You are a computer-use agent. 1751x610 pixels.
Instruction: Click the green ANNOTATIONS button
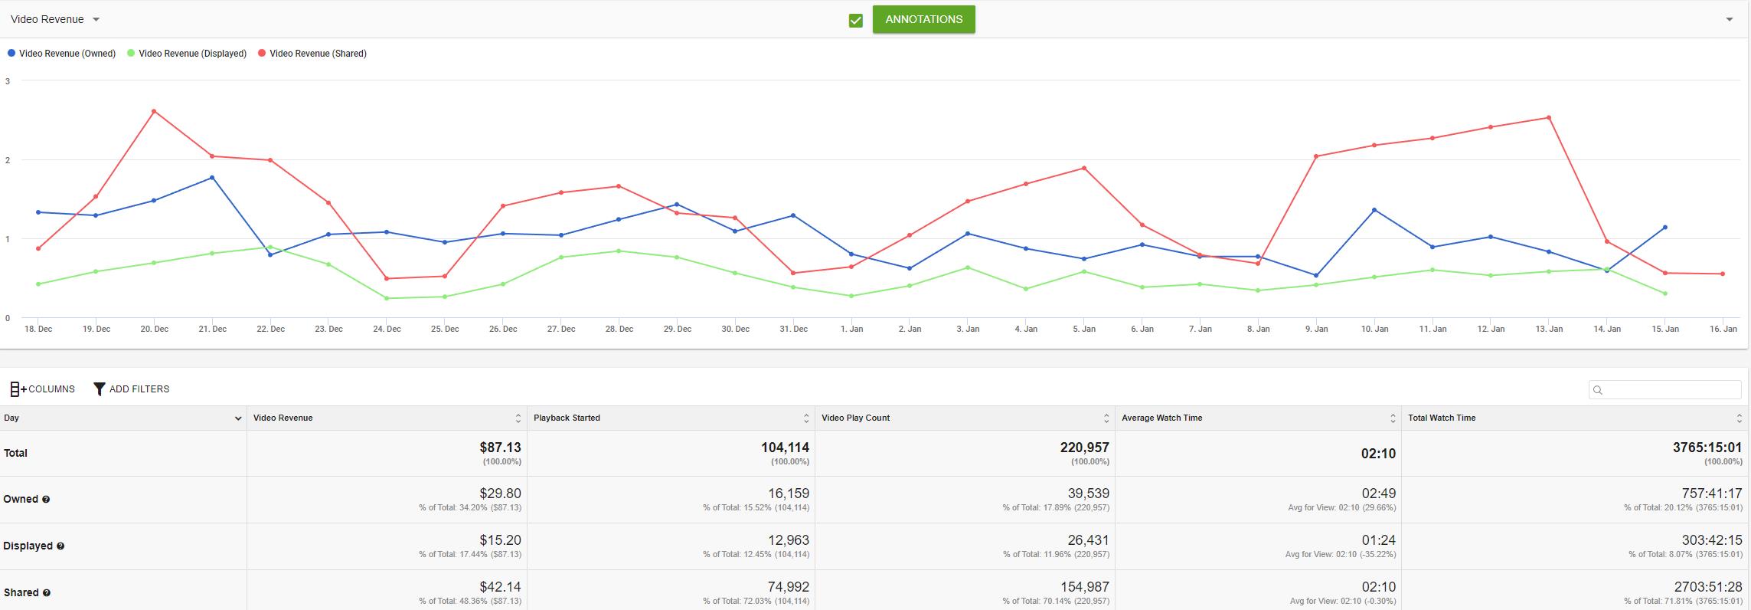[923, 19]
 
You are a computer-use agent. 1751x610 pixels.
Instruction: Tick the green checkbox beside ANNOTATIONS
[856, 21]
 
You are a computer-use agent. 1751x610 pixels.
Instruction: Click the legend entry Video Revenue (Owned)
[61, 54]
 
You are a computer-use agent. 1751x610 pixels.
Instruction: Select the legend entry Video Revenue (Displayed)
[187, 54]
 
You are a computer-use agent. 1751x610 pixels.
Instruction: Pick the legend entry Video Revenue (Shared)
[312, 54]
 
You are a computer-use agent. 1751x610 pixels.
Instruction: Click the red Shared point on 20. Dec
[154, 111]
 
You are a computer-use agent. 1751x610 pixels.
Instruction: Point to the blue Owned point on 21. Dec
[212, 178]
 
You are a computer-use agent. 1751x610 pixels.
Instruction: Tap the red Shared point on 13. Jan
[1549, 117]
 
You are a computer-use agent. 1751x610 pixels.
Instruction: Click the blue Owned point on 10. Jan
[1374, 210]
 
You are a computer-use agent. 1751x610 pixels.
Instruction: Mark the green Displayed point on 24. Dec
[387, 298]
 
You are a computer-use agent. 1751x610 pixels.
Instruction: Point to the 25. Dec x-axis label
[445, 329]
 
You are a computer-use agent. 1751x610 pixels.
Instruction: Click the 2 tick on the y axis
[8, 160]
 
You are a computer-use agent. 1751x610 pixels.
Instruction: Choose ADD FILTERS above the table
[132, 389]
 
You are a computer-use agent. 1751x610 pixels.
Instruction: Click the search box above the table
[1664, 390]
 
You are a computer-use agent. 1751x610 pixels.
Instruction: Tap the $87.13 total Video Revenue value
[500, 448]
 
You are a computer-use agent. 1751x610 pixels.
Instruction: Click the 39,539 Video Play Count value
[1088, 494]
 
